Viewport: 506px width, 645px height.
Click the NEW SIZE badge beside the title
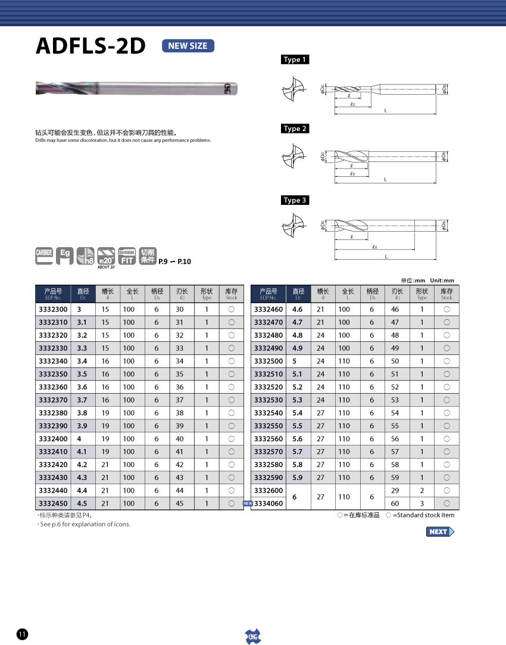(188, 46)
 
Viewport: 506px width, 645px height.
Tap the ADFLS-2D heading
(91, 46)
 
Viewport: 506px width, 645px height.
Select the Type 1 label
(295, 60)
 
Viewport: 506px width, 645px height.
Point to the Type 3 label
(295, 200)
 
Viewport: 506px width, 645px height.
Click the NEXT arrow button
(440, 532)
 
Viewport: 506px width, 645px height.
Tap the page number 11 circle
(22, 634)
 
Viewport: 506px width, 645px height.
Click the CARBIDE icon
(44, 256)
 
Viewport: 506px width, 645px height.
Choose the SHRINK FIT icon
(127, 256)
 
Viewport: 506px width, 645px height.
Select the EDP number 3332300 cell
(53, 309)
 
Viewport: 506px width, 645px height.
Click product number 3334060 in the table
(268, 503)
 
